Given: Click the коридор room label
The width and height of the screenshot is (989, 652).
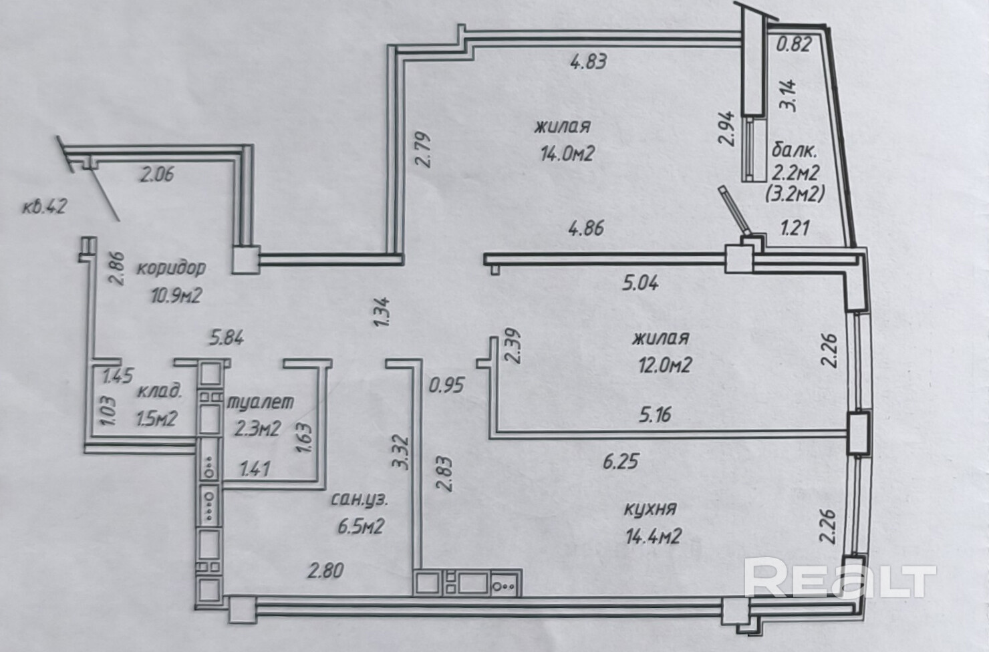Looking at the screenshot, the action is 171,268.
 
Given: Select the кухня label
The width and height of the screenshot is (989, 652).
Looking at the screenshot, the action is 650,509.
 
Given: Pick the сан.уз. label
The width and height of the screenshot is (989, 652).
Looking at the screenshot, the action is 360,500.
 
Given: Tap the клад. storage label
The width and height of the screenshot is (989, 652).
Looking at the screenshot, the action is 160,391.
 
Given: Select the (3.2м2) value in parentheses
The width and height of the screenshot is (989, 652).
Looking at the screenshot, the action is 795,194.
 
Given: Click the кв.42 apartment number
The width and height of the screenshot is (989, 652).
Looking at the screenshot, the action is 45,206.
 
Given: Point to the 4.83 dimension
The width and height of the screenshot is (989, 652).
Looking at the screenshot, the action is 589,61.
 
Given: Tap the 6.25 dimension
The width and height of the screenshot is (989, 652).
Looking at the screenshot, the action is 621,462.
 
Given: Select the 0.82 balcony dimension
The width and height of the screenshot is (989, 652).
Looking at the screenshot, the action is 795,44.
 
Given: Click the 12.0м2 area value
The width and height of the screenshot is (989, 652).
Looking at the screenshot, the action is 665,365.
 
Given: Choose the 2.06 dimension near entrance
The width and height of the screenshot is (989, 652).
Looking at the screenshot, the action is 157,174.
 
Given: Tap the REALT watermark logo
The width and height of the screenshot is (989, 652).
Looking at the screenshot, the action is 840,577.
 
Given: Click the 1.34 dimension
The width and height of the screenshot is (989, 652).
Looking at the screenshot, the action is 382,312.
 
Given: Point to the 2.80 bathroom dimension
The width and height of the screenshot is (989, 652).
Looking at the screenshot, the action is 326,570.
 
